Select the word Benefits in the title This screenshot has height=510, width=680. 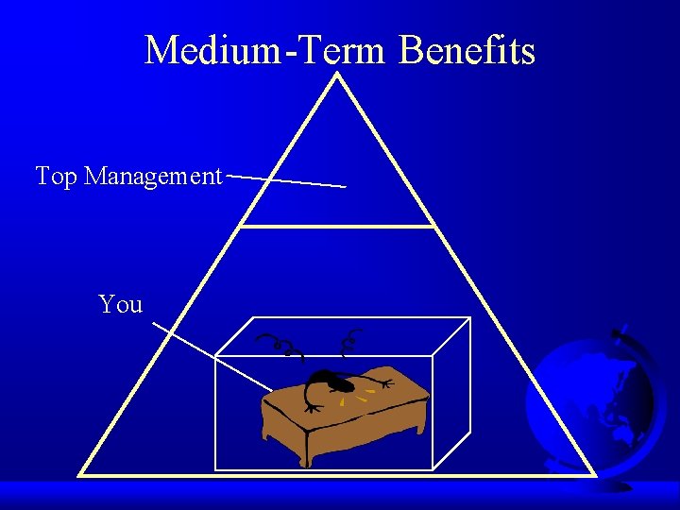pos(467,49)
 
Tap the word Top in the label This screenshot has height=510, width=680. pos(56,177)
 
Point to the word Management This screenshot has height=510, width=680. pos(153,177)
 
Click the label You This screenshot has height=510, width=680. pos(121,304)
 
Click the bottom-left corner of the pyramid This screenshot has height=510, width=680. pos(80,473)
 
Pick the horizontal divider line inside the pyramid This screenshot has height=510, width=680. pos(338,227)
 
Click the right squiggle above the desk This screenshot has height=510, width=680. pos(352,341)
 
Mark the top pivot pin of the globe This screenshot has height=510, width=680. pos(620,332)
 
